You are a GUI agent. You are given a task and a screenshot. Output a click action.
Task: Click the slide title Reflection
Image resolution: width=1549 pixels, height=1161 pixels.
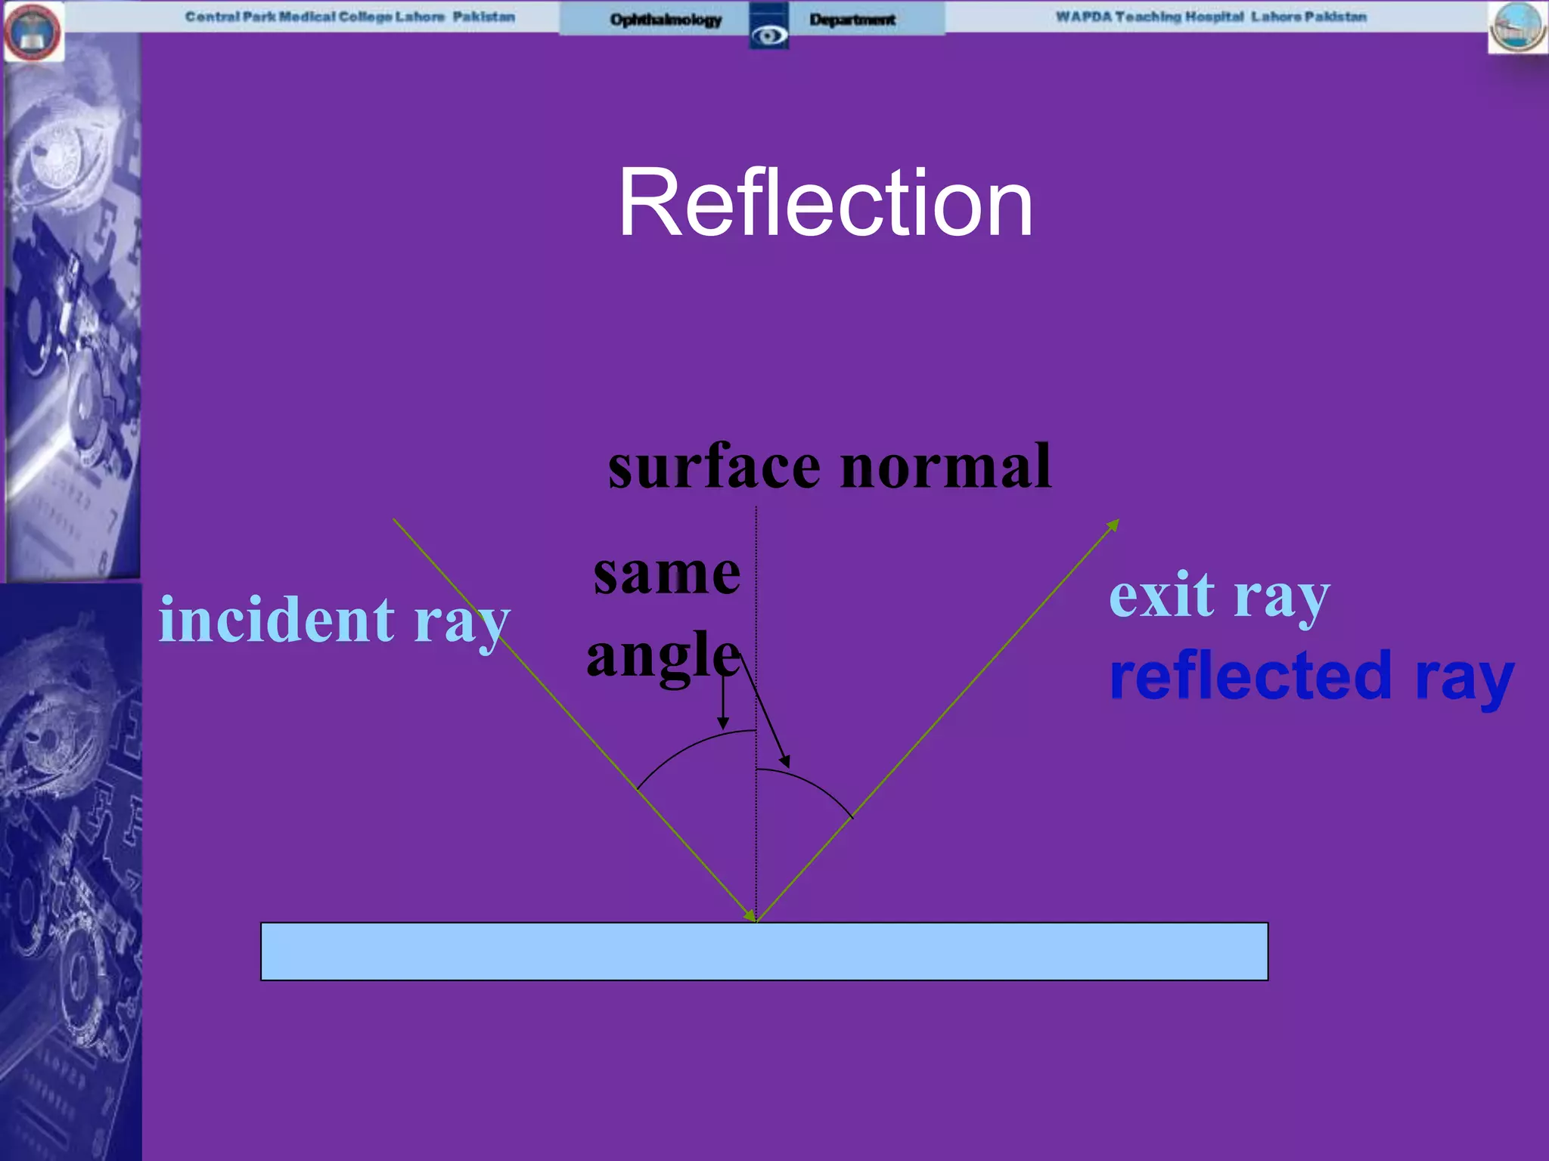click(x=825, y=203)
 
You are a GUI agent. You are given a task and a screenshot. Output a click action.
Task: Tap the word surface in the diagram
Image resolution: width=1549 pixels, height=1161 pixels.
click(x=714, y=466)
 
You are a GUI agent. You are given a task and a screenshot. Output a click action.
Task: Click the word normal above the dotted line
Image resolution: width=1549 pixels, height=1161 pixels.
click(x=945, y=466)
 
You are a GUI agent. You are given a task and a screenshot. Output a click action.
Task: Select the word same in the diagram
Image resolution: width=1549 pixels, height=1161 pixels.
click(x=666, y=574)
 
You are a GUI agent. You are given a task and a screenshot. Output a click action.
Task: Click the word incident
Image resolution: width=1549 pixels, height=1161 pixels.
click(x=276, y=619)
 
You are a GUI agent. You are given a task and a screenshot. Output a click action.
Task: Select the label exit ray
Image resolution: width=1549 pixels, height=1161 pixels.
click(x=1218, y=596)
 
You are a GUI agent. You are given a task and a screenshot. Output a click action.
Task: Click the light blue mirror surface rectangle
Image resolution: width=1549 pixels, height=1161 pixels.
click(x=764, y=951)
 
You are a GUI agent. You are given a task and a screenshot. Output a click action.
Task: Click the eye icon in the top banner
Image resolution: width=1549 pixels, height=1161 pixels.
click(x=768, y=35)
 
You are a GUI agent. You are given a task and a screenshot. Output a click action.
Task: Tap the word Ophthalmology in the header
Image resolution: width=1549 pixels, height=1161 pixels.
click(x=666, y=20)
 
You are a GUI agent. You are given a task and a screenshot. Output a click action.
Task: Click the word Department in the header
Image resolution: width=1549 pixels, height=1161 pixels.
click(x=852, y=20)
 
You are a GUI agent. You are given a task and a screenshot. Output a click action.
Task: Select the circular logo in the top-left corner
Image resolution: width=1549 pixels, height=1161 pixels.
click(x=33, y=32)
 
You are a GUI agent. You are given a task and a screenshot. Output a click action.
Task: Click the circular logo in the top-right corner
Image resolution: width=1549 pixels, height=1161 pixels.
click(x=1517, y=27)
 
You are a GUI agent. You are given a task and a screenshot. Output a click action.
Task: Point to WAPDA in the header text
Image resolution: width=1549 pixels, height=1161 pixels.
click(x=1083, y=17)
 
